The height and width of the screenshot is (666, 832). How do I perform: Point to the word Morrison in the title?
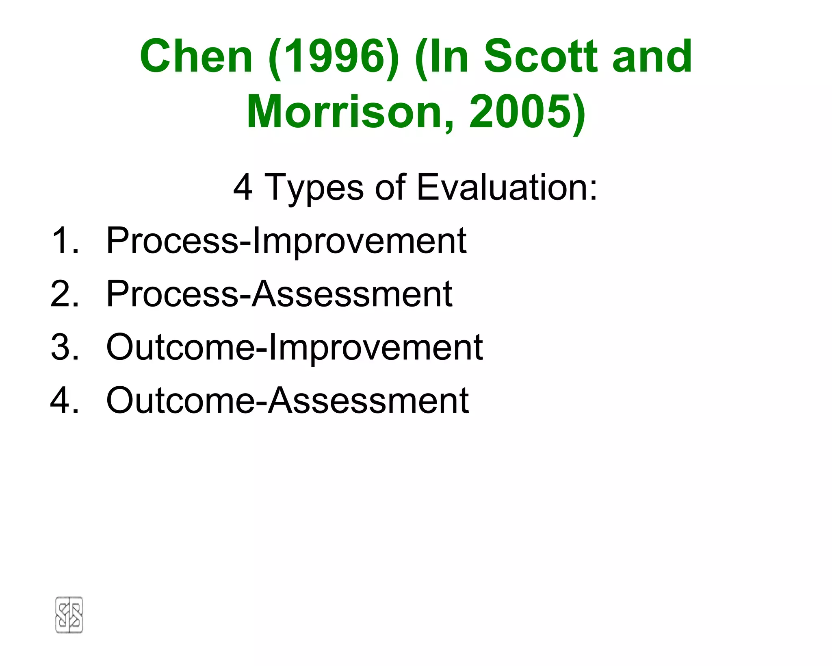(x=350, y=112)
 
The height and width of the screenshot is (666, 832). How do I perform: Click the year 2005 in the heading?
(x=522, y=112)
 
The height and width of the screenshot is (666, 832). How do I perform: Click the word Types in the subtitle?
(x=314, y=187)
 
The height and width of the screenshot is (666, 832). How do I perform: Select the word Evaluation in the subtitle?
(x=507, y=187)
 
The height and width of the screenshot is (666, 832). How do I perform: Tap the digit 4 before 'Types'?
(x=243, y=187)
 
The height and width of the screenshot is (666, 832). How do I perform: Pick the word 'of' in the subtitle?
(x=390, y=187)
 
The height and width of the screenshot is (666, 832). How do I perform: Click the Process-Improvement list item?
(x=286, y=241)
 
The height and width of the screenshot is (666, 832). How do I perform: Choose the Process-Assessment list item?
(x=279, y=294)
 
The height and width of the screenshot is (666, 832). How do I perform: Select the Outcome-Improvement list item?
(x=294, y=347)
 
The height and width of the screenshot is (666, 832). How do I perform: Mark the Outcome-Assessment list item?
(x=287, y=400)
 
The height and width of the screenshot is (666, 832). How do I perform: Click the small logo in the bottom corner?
(x=69, y=615)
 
